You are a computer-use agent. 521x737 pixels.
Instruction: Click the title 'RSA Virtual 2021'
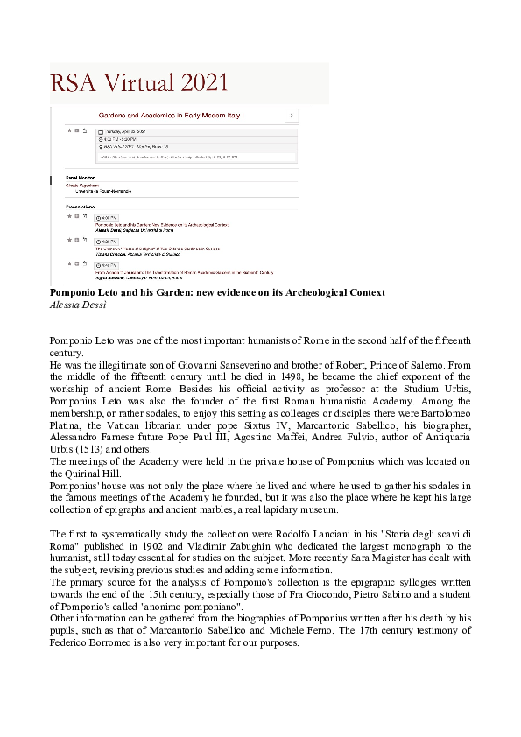pos(139,83)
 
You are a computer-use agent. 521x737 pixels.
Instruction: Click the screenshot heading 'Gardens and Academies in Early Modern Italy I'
pos(171,116)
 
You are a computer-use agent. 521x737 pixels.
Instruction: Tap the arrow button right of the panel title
pos(292,116)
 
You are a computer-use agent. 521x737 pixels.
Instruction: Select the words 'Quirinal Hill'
pos(87,472)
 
